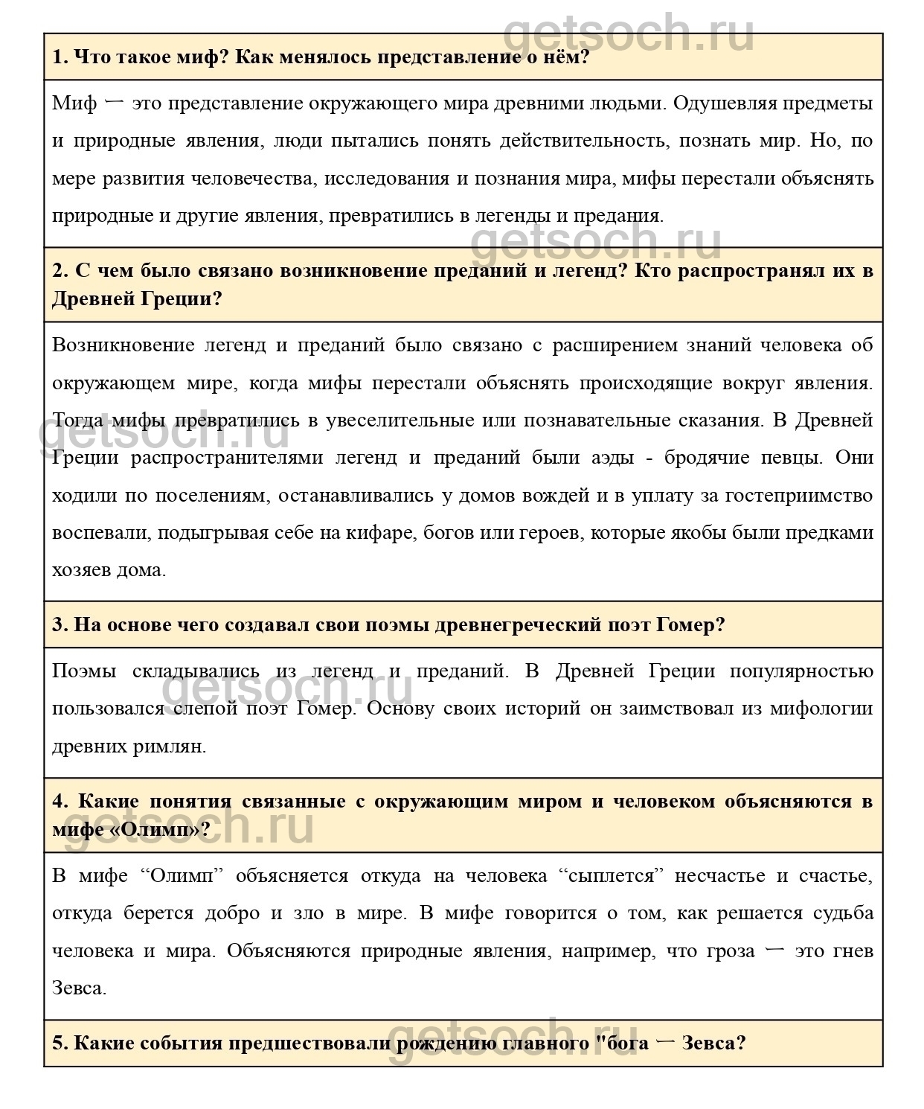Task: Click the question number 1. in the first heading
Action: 61,57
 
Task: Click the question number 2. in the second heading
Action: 61,270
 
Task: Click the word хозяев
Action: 81,570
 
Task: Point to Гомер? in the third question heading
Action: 691,624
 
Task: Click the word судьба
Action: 844,913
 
